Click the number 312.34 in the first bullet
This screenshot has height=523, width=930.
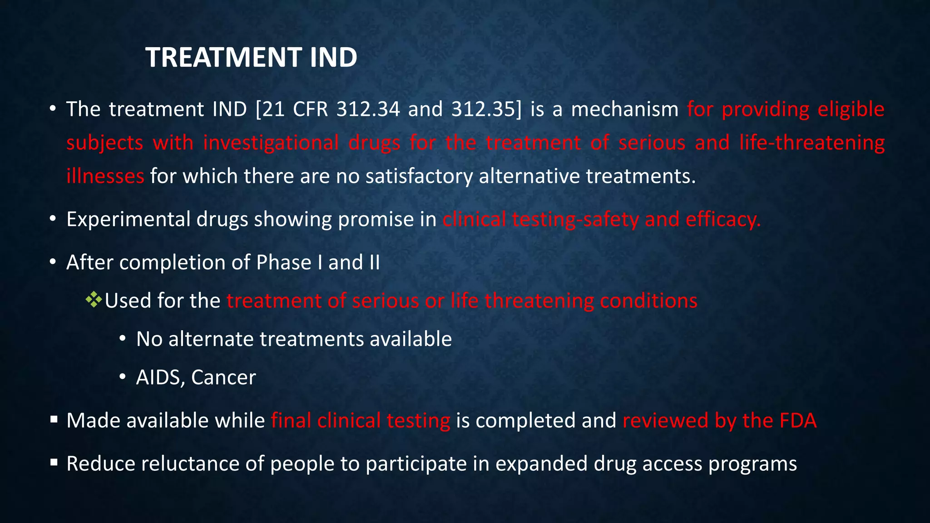click(x=368, y=109)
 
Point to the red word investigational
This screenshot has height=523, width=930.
click(x=271, y=143)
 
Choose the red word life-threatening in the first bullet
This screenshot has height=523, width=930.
click(x=811, y=143)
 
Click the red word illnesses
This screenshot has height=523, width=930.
click(x=105, y=176)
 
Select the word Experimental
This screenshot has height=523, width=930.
click(x=129, y=220)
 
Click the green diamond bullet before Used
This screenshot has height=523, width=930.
click(x=94, y=300)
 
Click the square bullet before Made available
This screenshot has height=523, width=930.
click(x=54, y=419)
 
